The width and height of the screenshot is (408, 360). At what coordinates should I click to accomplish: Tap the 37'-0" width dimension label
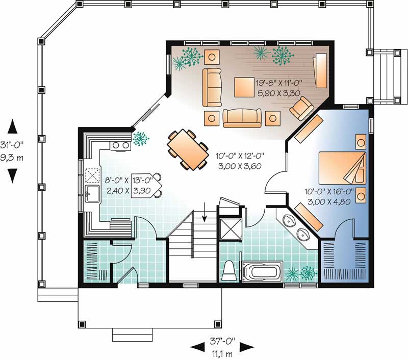[222, 341]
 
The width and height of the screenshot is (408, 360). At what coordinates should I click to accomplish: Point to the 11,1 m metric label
[222, 352]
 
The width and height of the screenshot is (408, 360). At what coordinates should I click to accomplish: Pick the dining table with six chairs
[187, 149]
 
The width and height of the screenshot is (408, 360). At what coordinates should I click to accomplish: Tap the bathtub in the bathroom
[262, 270]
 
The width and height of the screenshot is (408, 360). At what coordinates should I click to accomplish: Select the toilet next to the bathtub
[229, 270]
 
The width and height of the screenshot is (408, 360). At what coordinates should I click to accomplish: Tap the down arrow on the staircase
[205, 212]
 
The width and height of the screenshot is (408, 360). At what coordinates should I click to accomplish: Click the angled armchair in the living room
[301, 108]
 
